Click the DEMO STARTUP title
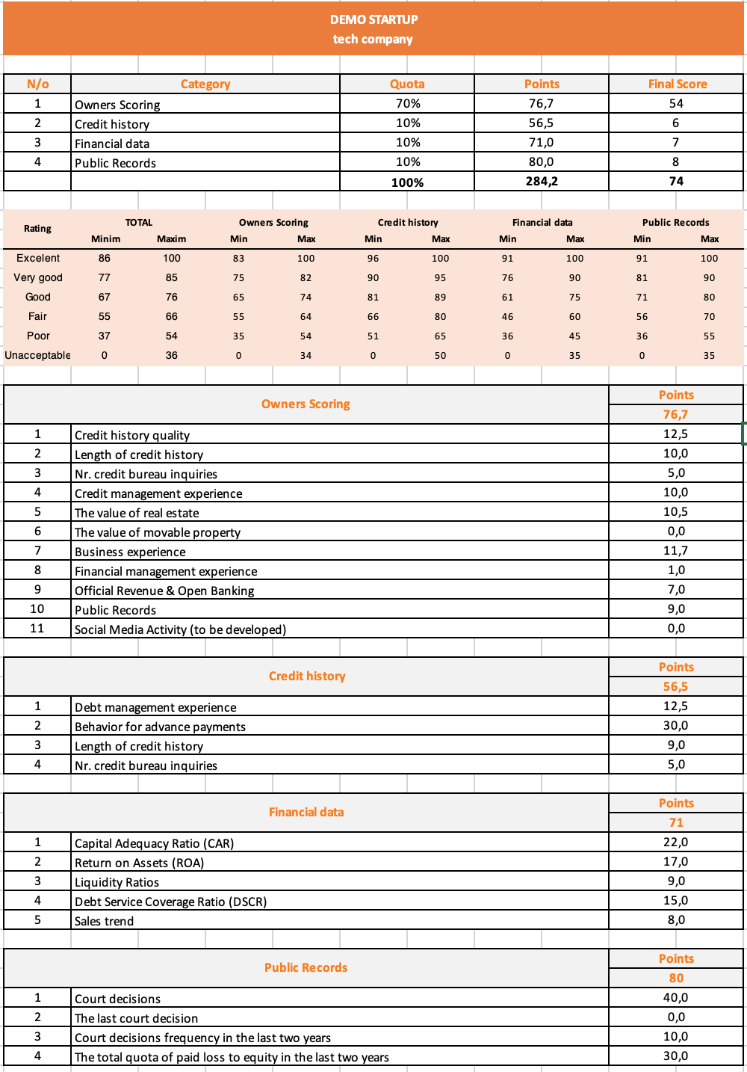(x=373, y=19)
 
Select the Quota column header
(x=407, y=84)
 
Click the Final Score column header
(x=677, y=84)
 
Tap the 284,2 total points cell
(x=542, y=182)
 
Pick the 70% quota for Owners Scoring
(x=408, y=104)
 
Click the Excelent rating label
(x=38, y=258)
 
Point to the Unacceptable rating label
(x=37, y=355)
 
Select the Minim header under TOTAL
(x=105, y=239)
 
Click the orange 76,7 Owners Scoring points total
(x=675, y=414)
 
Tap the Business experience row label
(x=130, y=552)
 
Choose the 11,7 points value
(x=675, y=551)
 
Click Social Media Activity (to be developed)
(x=180, y=629)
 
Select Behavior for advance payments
(x=160, y=727)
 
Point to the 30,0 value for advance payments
(x=675, y=726)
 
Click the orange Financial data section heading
(x=306, y=812)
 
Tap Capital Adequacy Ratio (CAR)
(x=154, y=843)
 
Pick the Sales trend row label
(x=104, y=921)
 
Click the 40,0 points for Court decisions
(x=675, y=998)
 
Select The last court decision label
(x=136, y=1018)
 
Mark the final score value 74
(x=676, y=182)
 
